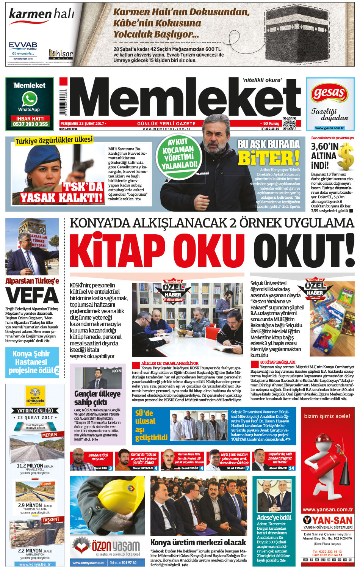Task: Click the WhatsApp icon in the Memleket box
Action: [x=29, y=99]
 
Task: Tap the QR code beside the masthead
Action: [x=289, y=123]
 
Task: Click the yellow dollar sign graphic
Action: [x=345, y=157]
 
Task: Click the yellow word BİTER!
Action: [x=269, y=158]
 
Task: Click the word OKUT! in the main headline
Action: [x=303, y=251]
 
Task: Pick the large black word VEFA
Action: [x=32, y=296]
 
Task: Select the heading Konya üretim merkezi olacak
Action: [x=198, y=542]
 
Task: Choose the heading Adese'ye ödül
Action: [x=274, y=517]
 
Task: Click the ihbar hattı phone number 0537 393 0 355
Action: [x=30, y=124]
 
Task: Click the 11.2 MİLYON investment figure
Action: [x=30, y=465]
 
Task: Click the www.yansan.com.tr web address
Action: [x=327, y=510]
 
